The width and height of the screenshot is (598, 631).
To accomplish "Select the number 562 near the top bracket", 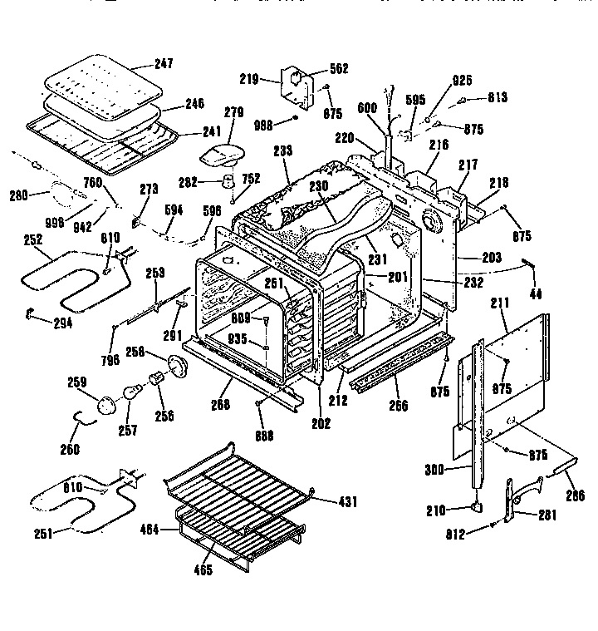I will [316, 68].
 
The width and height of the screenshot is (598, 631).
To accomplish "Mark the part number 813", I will [498, 97].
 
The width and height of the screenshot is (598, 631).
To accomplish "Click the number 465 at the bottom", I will [203, 570].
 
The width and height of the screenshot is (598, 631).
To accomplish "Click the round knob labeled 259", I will [107, 406].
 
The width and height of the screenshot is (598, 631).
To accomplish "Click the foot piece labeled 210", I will [477, 505].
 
